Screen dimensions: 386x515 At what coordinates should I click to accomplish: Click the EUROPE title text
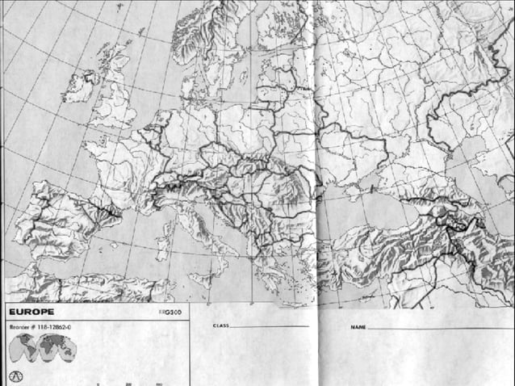click(31, 311)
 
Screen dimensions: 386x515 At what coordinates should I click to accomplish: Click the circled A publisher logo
click(15, 376)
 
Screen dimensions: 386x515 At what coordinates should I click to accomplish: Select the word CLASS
click(220, 325)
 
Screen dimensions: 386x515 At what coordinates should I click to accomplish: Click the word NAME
click(358, 328)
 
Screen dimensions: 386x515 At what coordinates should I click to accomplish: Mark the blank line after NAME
click(436, 329)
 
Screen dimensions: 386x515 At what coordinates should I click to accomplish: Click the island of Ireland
click(82, 86)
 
